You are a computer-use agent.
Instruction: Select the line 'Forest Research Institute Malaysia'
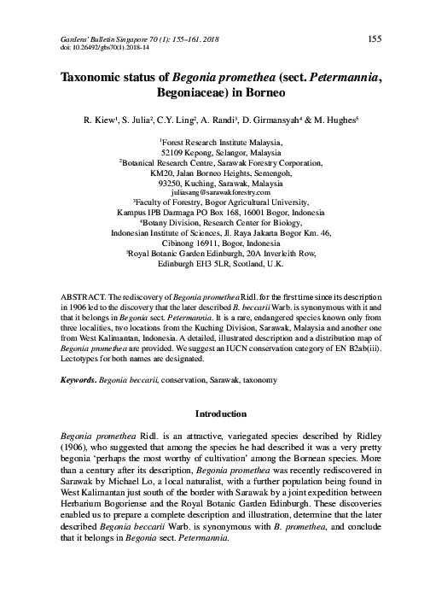pyautogui.click(x=214, y=143)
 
